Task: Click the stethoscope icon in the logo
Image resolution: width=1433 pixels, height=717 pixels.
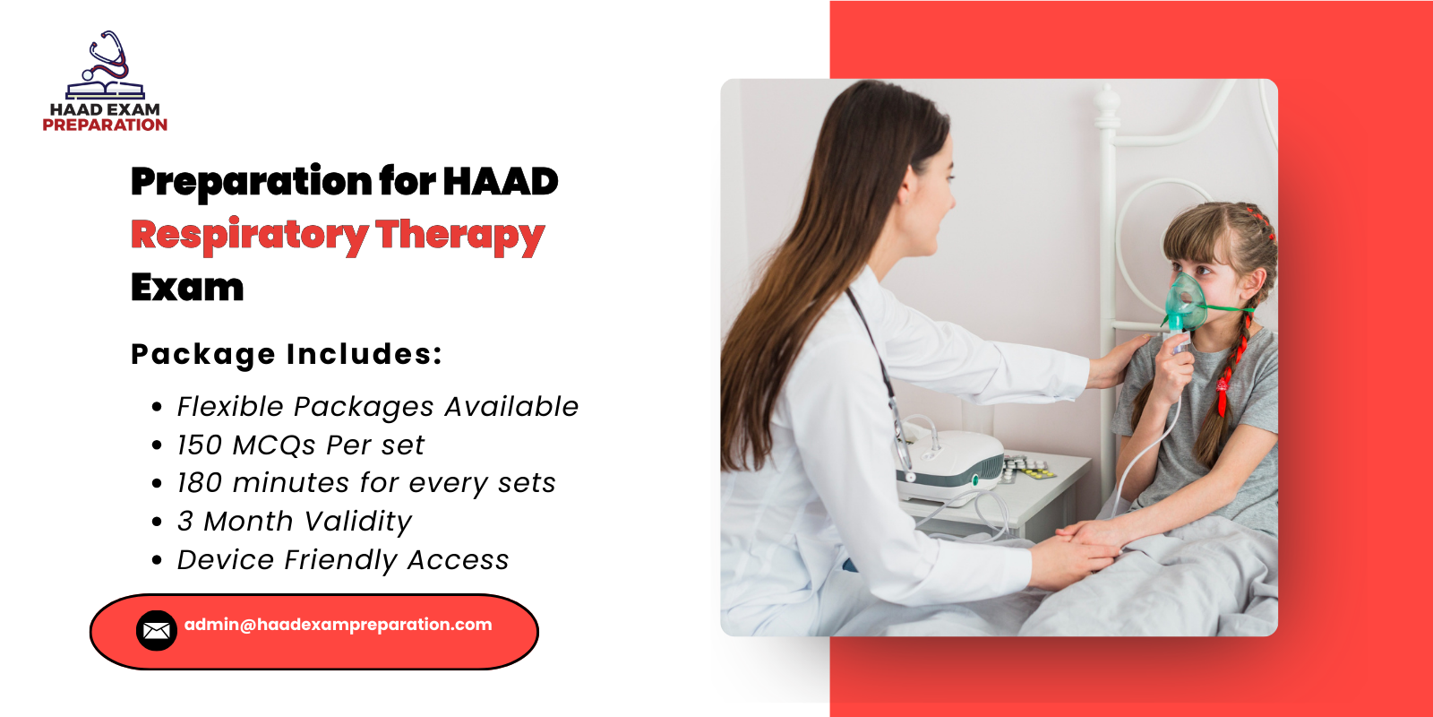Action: pos(107,56)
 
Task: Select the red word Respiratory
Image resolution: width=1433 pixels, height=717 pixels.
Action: pos(249,235)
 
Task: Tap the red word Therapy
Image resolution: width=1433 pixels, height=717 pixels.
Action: pos(459,235)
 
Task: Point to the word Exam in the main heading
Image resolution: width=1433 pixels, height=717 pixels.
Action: pos(187,288)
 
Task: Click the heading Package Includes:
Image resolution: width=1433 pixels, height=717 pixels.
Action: pos(287,354)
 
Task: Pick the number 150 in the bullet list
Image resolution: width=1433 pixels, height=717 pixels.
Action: pos(199,445)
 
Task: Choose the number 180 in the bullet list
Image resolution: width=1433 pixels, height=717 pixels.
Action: pos(199,483)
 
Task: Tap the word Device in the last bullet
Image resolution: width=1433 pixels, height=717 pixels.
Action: pos(226,560)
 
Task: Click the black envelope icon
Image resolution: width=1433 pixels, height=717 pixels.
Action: pos(157,631)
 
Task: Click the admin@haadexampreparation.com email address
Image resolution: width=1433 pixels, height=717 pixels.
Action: pos(339,625)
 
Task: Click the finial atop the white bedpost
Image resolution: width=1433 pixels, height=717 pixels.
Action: pos(1108,106)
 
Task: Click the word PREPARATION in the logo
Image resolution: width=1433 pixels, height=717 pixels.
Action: pos(105,125)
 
